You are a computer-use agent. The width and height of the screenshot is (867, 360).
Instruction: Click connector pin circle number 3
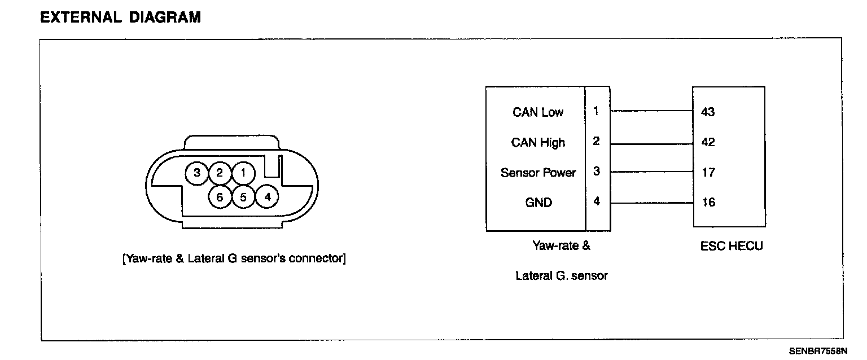tap(197, 173)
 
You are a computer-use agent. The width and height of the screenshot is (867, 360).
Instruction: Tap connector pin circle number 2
tap(220, 173)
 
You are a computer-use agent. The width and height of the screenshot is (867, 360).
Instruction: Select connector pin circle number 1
tap(243, 173)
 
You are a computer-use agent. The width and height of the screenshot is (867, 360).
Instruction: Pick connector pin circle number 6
tap(220, 197)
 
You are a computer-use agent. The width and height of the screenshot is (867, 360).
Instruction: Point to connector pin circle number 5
tap(243, 197)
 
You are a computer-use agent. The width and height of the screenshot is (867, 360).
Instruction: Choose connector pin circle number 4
tap(267, 197)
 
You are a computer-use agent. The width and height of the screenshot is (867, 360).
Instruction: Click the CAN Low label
tap(538, 112)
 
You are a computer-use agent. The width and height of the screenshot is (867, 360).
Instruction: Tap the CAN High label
tap(538, 142)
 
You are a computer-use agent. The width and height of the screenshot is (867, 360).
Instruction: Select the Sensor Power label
tap(538, 172)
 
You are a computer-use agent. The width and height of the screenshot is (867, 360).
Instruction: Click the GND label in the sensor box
tap(538, 202)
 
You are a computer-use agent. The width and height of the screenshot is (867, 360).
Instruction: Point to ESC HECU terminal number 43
tap(708, 112)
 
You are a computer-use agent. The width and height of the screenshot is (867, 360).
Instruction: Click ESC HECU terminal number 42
tap(708, 142)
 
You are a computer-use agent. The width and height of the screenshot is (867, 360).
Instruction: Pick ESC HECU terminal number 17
tap(708, 172)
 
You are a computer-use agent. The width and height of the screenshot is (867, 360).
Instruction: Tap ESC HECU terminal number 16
tap(708, 202)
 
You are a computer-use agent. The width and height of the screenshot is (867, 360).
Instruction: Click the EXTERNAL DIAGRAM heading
tap(120, 17)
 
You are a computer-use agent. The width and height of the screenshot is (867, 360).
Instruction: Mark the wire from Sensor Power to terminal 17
tap(651, 172)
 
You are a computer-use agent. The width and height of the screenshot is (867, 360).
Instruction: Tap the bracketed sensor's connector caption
tap(234, 259)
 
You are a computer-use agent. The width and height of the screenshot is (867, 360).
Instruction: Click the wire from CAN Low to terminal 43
tap(651, 111)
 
